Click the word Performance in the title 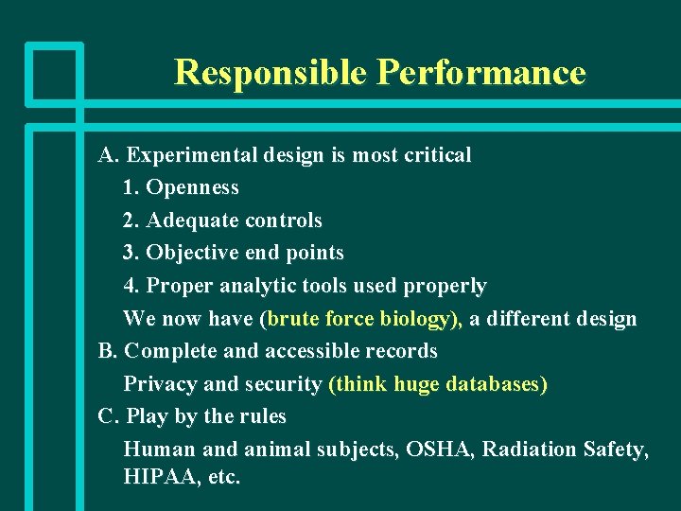480,73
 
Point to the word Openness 192,187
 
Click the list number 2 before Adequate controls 130,220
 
